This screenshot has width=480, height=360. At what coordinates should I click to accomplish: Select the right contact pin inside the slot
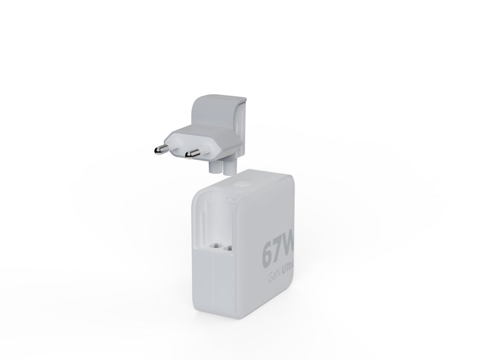tap(229, 247)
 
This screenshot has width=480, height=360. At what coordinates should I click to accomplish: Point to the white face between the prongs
tap(180, 143)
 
